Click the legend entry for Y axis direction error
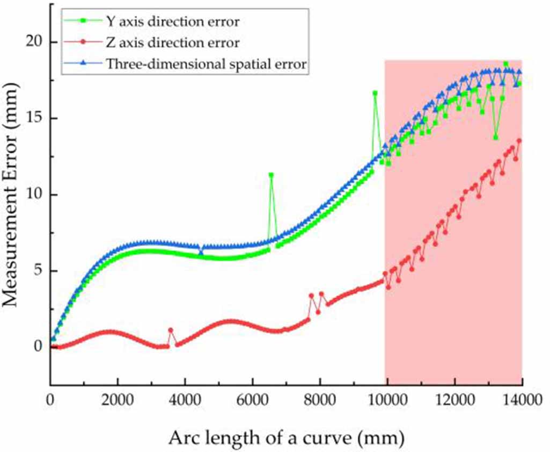pyautogui.click(x=172, y=23)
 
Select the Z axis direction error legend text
pyautogui.click(x=172, y=44)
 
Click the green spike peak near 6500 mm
pyautogui.click(x=271, y=175)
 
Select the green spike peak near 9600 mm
pyautogui.click(x=375, y=93)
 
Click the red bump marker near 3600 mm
pyautogui.click(x=171, y=330)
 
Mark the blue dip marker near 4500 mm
pyautogui.click(x=201, y=252)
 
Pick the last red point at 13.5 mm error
pyautogui.click(x=519, y=141)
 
